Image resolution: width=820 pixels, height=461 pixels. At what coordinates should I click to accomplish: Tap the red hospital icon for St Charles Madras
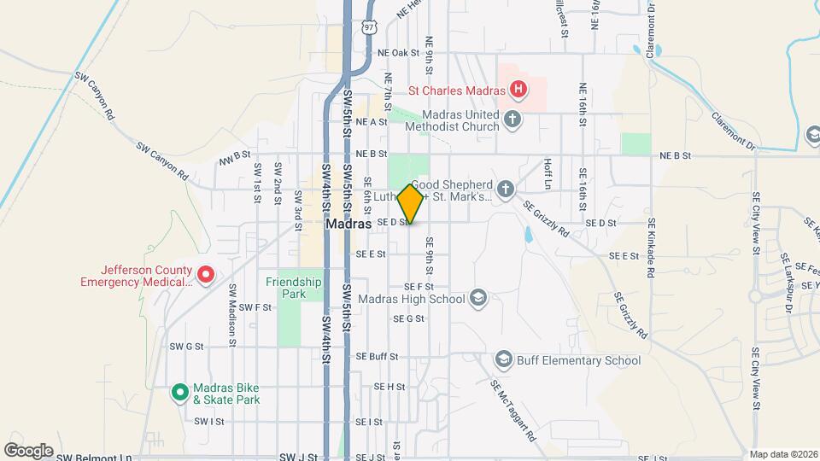pyautogui.click(x=517, y=88)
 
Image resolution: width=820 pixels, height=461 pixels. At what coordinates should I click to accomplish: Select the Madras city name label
pyautogui.click(x=348, y=224)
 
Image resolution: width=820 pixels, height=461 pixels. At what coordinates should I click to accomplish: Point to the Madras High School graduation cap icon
pyautogui.click(x=478, y=299)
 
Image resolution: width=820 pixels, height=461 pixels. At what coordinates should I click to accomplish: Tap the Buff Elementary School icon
pyautogui.click(x=503, y=360)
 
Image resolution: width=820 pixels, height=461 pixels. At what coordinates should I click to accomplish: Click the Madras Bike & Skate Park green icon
pyautogui.click(x=180, y=392)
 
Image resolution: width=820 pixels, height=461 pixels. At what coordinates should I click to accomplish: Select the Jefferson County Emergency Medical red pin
pyautogui.click(x=206, y=275)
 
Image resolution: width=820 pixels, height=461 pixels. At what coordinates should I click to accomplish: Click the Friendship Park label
pyautogui.click(x=293, y=288)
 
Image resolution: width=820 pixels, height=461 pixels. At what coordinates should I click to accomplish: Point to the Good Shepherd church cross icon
pyautogui.click(x=506, y=188)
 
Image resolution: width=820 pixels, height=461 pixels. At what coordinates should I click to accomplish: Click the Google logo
pyautogui.click(x=29, y=450)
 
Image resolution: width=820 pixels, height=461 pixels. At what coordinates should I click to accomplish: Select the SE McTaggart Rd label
pyautogui.click(x=513, y=409)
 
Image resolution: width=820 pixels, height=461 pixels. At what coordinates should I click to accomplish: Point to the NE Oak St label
pyautogui.click(x=402, y=52)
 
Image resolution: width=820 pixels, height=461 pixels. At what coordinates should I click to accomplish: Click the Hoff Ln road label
pyautogui.click(x=548, y=172)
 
